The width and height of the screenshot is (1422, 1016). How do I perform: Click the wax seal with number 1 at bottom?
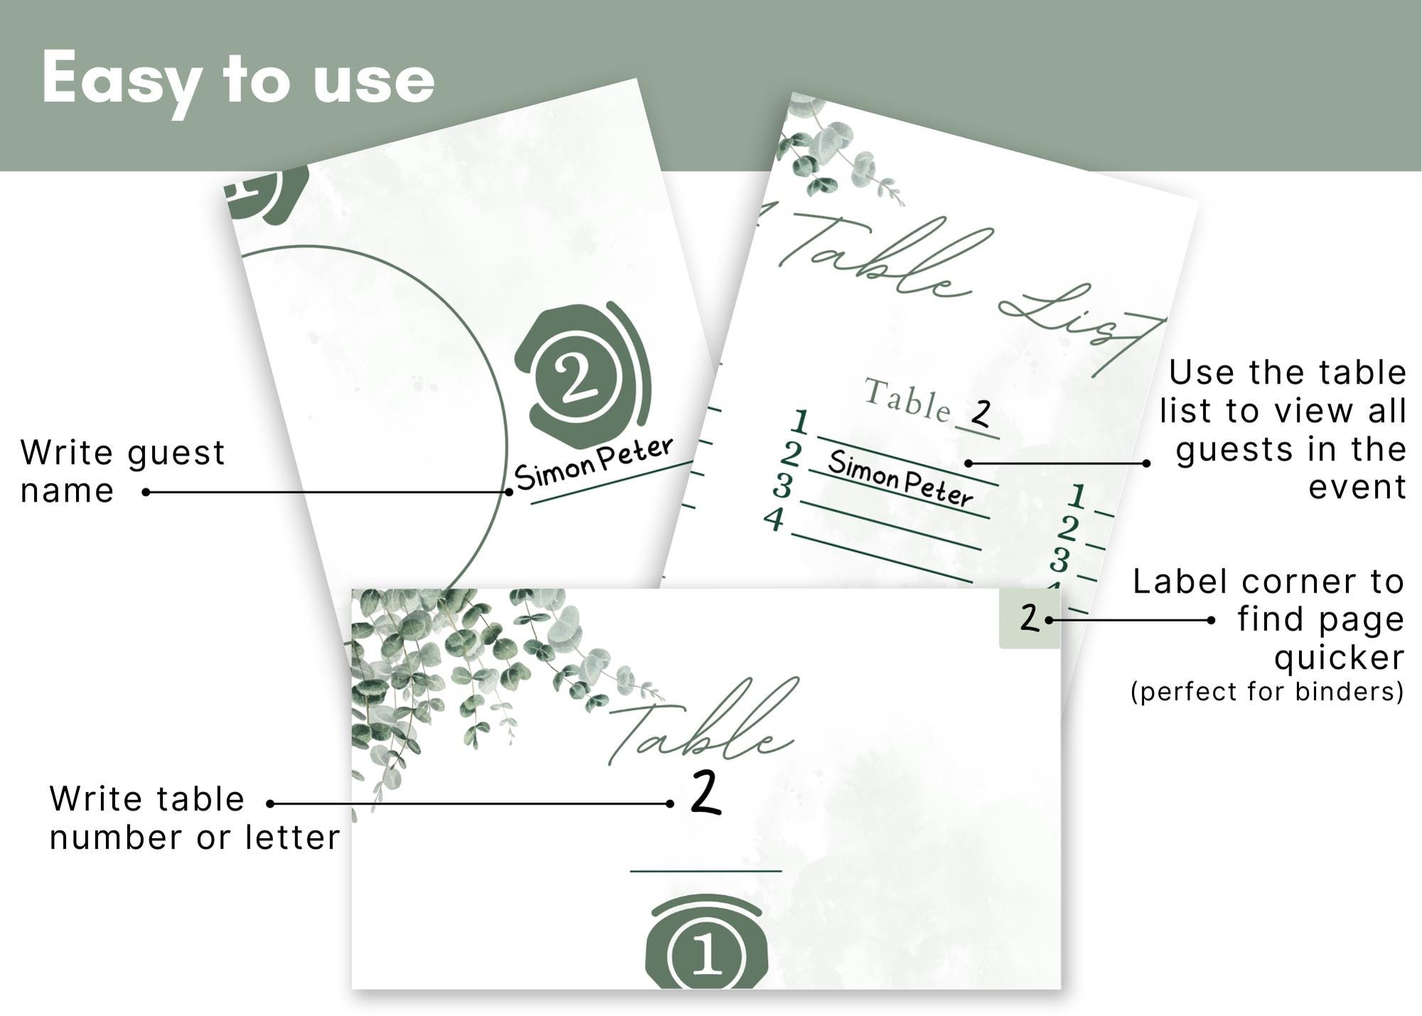coord(706,946)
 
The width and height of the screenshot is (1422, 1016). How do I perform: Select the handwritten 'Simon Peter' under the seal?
coord(594,464)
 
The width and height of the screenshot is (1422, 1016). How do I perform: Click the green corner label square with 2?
coord(1029,618)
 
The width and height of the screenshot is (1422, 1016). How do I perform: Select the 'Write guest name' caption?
coord(122,471)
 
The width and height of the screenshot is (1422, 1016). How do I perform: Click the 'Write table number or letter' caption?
coord(194,818)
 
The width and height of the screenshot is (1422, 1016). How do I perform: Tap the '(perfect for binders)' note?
coord(1267,692)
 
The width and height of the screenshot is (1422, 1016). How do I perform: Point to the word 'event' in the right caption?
coord(1357,487)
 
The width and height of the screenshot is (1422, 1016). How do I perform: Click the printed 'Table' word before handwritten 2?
coord(907,401)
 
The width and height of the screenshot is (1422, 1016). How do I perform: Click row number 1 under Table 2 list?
coord(801,421)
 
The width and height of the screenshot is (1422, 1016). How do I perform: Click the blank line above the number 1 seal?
coord(705,870)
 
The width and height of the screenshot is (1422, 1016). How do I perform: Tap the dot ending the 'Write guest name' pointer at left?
coord(146,492)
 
